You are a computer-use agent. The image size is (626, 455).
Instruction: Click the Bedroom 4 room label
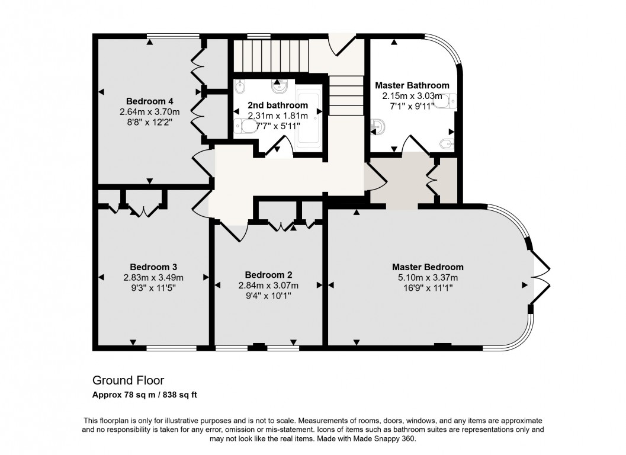coord(149,101)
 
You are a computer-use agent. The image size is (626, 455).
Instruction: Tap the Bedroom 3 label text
coord(153,267)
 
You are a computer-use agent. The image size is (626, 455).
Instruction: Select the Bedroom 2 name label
coord(268,275)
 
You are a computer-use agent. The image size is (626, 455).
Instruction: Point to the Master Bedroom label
coord(428,267)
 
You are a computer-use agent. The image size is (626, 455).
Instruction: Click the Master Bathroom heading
coord(412,85)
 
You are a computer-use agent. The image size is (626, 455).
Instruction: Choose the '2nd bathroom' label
coord(278,105)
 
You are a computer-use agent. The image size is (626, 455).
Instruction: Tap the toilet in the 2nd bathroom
coord(246,127)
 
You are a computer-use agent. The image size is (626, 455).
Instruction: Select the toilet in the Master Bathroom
coord(447,101)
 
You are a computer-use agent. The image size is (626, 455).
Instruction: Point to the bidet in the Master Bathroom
coord(447,143)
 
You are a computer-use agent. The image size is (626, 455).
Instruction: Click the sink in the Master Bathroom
coord(377,127)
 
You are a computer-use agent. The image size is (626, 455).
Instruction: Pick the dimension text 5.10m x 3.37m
coord(428,278)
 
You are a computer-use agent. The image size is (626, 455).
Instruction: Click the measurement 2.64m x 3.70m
coord(149,112)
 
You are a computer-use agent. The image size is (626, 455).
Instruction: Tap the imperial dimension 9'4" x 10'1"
coord(268,296)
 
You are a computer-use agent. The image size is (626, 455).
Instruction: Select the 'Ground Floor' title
coord(128,380)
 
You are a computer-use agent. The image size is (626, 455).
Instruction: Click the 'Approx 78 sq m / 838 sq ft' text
coord(145,395)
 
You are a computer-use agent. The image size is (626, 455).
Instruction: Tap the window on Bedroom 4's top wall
coord(173,36)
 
